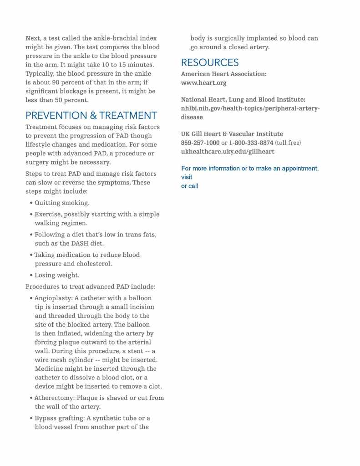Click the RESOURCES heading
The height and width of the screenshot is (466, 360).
[210, 62]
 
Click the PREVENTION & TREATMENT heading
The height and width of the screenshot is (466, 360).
[91, 115]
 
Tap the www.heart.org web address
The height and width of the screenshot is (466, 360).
[203, 83]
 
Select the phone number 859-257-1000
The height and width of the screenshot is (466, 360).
[200, 143]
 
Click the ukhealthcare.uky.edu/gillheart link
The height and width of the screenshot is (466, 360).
[228, 152]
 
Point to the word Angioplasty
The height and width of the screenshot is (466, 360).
[53, 298]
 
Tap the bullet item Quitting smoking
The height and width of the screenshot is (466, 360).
[62, 203]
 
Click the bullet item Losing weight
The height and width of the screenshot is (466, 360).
[57, 275]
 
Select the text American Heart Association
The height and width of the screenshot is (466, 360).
[224, 74]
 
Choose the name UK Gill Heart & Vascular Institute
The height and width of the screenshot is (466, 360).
[232, 134]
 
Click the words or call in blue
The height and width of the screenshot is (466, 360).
[189, 186]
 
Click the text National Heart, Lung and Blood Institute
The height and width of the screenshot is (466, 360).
[243, 99]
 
